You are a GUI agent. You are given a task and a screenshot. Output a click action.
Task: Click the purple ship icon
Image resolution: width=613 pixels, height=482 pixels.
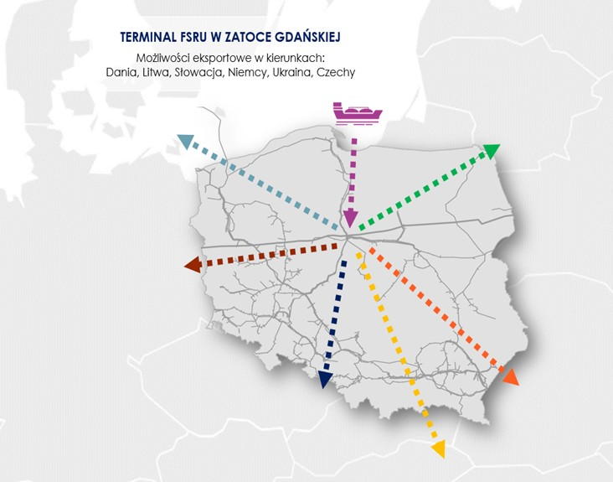coord(358,112)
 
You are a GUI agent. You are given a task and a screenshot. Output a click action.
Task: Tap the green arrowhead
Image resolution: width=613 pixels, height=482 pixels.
coord(491,151)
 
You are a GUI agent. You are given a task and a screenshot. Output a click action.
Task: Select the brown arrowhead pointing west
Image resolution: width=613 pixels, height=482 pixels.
coord(191,266)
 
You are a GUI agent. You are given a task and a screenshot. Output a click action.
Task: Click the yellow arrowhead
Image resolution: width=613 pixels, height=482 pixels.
coord(437,449)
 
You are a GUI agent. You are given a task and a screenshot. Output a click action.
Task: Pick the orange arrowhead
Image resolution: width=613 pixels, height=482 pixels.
coord(510,377)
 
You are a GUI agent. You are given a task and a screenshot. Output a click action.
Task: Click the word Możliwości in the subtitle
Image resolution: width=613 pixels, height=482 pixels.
coord(162,58)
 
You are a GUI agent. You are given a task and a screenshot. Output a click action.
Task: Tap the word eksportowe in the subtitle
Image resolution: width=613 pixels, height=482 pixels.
coord(225,58)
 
